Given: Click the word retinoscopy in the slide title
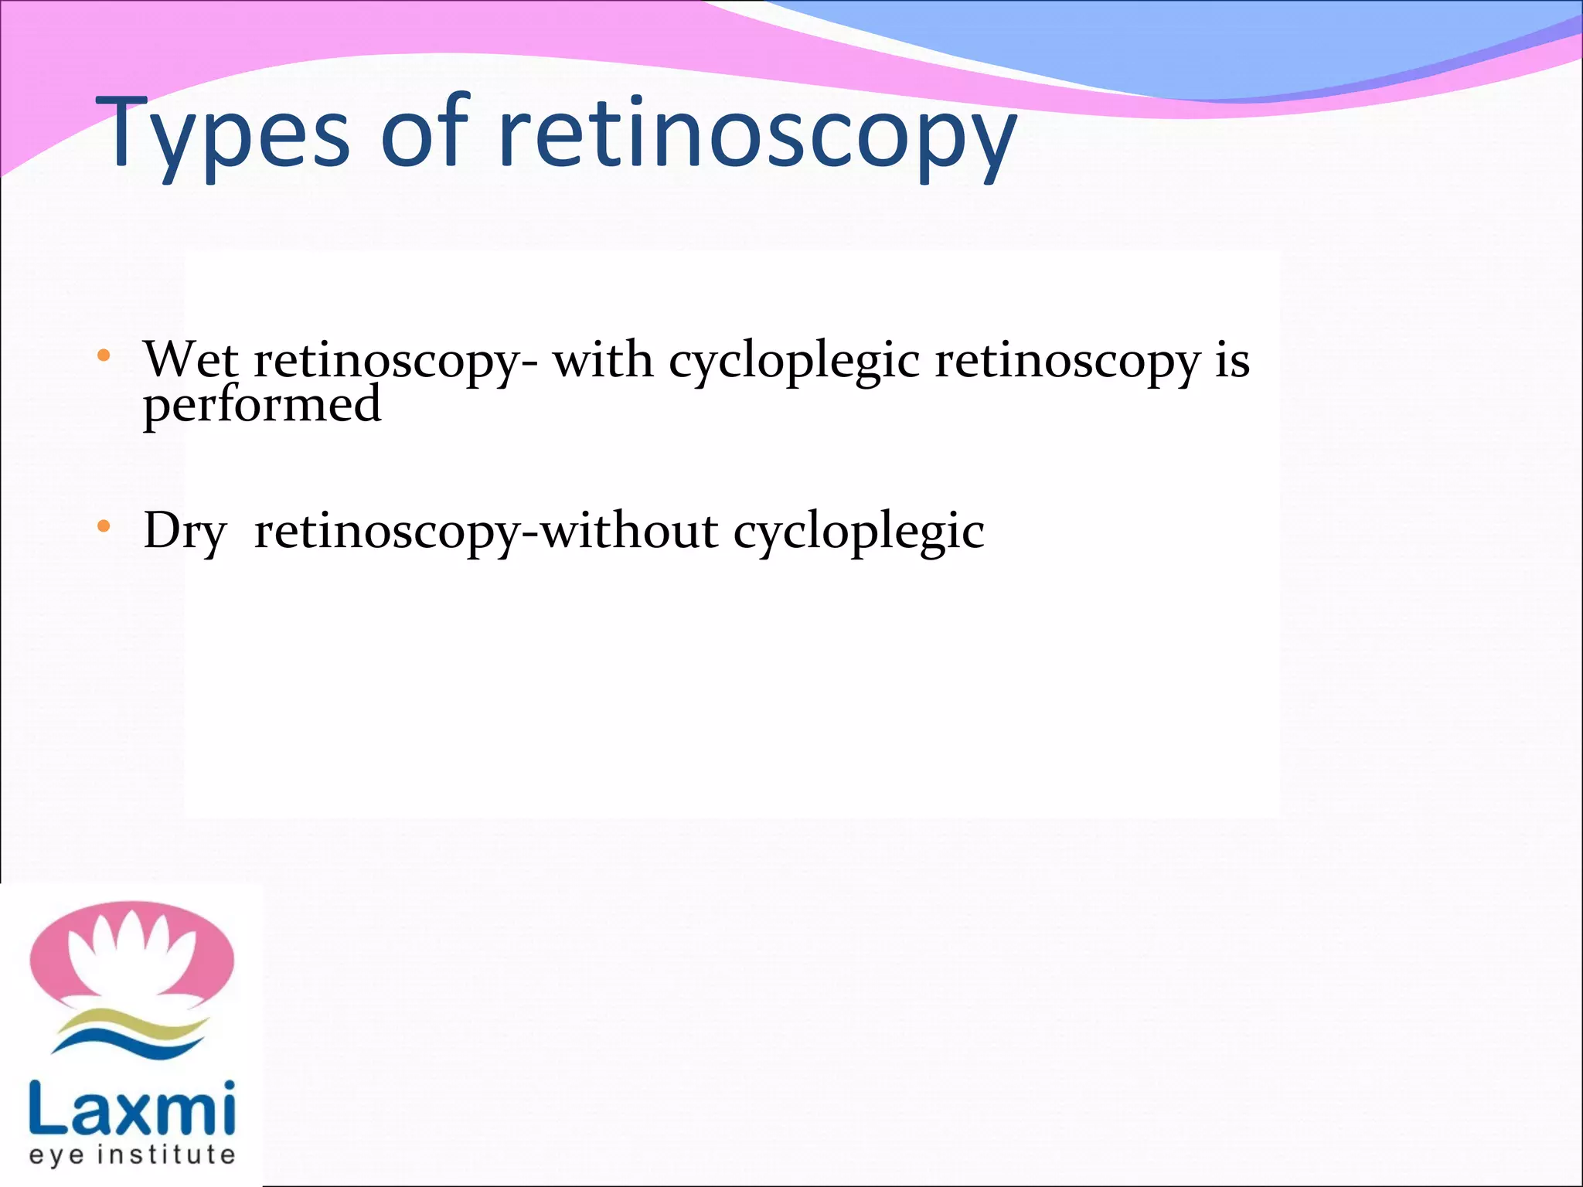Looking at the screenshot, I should point(757,133).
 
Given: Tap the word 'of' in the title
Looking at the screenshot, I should point(424,131).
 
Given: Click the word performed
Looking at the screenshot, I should point(262,405).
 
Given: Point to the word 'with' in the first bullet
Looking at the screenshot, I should point(603,360).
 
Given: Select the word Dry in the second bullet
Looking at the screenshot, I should point(185,532).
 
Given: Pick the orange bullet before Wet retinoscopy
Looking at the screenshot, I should point(104,356).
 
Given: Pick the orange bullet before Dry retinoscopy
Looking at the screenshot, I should point(104,528).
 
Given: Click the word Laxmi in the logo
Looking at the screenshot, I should point(131,1110).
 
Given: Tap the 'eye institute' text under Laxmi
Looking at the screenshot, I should point(131,1155).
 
